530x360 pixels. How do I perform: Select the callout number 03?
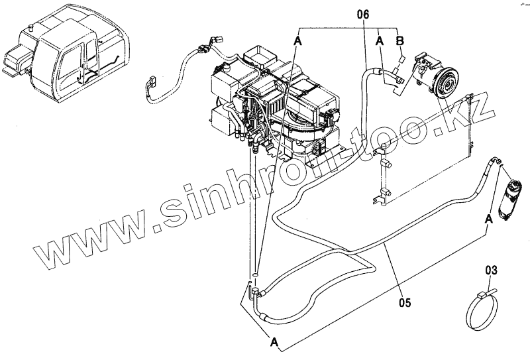(491, 269)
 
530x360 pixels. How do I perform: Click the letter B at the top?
(399, 41)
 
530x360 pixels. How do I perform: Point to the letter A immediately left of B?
(380, 41)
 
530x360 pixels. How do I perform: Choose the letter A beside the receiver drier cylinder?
(488, 217)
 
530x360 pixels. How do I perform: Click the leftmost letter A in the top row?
(297, 41)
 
